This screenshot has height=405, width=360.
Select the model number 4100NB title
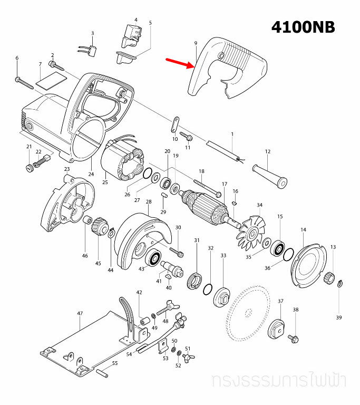pyautogui.click(x=303, y=27)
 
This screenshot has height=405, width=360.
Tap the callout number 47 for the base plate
pyautogui.click(x=80, y=313)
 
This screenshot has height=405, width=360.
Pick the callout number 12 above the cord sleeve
pyautogui.click(x=267, y=152)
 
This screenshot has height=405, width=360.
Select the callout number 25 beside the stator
pyautogui.click(x=105, y=182)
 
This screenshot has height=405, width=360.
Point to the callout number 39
pyautogui.click(x=339, y=317)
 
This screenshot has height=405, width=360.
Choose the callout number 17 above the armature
pyautogui.click(x=224, y=184)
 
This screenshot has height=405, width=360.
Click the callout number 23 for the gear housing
pyautogui.click(x=67, y=169)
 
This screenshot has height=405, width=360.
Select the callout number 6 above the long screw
pyautogui.click(x=17, y=58)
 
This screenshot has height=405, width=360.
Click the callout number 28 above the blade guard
pyautogui.click(x=149, y=202)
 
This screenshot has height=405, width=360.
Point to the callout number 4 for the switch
pyautogui.click(x=136, y=20)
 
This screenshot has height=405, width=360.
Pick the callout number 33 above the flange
pyautogui.click(x=223, y=255)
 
